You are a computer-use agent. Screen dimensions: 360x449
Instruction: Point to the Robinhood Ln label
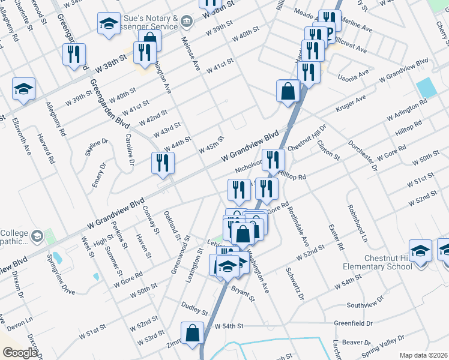pos(357,223)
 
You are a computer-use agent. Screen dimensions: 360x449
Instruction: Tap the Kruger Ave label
pos(352,101)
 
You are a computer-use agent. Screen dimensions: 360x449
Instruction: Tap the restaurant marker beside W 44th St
pos(163,163)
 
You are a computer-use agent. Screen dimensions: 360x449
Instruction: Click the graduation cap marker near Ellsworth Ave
pos(24,89)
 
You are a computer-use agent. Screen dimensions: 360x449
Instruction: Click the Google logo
pos(20,353)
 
